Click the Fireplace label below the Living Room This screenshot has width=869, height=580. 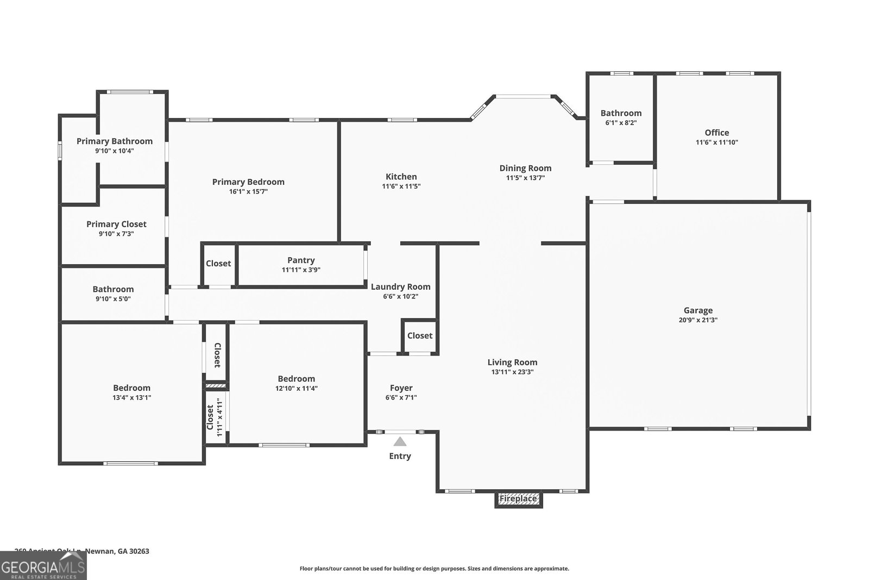(518, 498)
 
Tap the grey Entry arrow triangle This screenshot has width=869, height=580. (400, 441)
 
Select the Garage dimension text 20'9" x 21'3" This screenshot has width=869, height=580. (698, 320)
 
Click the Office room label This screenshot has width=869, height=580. (716, 133)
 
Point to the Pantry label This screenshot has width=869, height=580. (301, 260)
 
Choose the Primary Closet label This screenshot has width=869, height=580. (116, 224)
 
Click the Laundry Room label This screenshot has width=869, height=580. (400, 286)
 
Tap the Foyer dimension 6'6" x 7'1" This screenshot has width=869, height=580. (401, 397)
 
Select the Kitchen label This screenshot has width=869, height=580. (401, 177)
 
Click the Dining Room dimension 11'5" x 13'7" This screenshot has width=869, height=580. (525, 178)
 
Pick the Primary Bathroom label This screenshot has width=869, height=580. (114, 141)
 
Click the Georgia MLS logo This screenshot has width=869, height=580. (43, 565)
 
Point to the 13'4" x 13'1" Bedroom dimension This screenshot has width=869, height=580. (131, 397)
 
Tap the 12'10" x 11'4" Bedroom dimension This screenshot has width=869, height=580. (296, 388)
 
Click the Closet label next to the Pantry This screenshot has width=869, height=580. (218, 263)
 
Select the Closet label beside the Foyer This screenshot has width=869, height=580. (420, 335)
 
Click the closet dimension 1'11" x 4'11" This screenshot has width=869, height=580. (220, 417)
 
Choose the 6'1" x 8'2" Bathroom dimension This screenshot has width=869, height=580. (621, 123)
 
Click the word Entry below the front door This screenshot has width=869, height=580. (400, 456)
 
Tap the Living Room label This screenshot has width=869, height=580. (512, 363)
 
